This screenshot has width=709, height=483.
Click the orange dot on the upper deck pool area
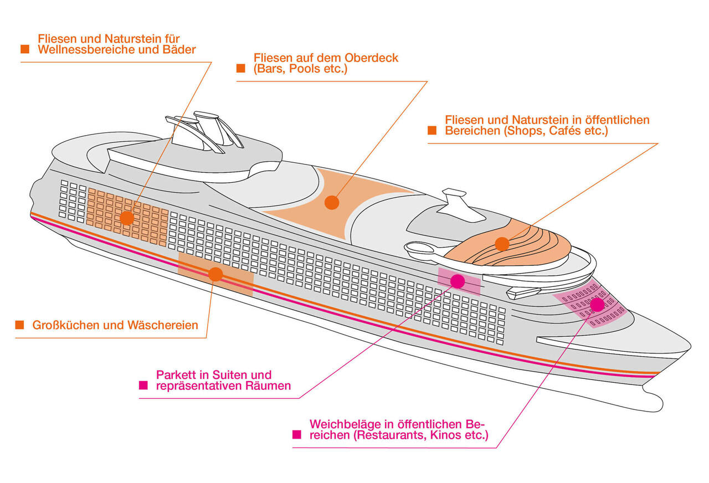[x=331, y=202]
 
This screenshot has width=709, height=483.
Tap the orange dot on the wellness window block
[x=127, y=218]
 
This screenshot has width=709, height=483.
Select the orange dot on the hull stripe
[x=215, y=274]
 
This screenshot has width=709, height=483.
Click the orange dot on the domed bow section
[x=502, y=244]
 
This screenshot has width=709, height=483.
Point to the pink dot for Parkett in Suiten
[x=458, y=281]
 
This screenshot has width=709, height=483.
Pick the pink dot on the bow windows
[x=597, y=304]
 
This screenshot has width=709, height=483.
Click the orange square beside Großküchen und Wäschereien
[x=19, y=325]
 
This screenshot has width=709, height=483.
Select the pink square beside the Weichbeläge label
[x=297, y=435]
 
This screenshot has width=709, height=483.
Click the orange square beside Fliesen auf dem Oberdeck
[x=240, y=69]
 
